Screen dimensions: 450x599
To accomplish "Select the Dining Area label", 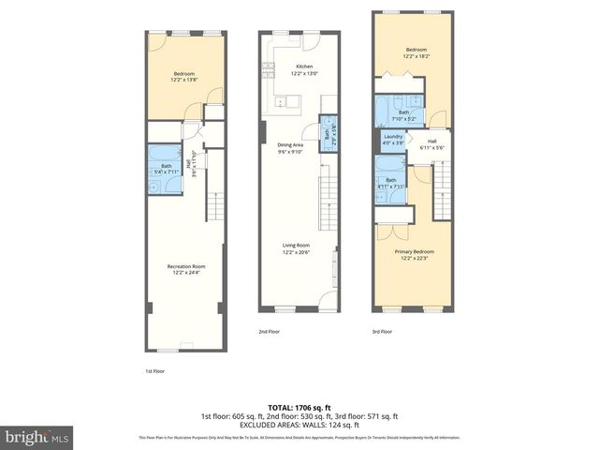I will point(290,148).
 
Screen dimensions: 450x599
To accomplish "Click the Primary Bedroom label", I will point(416,254).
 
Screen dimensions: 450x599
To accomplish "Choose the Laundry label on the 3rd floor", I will point(393,140).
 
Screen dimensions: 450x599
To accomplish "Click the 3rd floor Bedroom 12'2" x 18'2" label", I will point(416,52).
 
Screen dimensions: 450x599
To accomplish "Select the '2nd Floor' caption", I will point(270,331).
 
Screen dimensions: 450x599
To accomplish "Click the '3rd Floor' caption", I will point(382,331).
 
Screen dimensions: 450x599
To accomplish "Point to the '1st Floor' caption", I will point(155,371).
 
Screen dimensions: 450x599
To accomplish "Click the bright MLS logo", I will point(37,437).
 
